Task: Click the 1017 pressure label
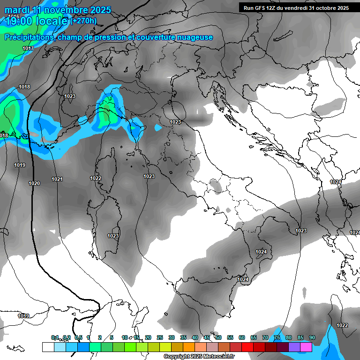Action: tap(28, 49)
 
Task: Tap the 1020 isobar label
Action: tap(34, 183)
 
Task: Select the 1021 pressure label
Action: tap(57, 179)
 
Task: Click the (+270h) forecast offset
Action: tap(83, 21)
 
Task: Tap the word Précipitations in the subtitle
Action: tap(30, 37)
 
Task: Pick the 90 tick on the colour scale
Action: tap(312, 337)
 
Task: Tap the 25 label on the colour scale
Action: tap(160, 337)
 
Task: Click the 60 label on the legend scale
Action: tap(242, 337)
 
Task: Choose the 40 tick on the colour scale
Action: tap(195, 337)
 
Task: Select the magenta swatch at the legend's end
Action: tap(306, 347)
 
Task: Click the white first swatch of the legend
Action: tap(48, 347)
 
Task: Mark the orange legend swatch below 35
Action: tap(189, 347)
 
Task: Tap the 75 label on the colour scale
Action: tap(277, 337)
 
